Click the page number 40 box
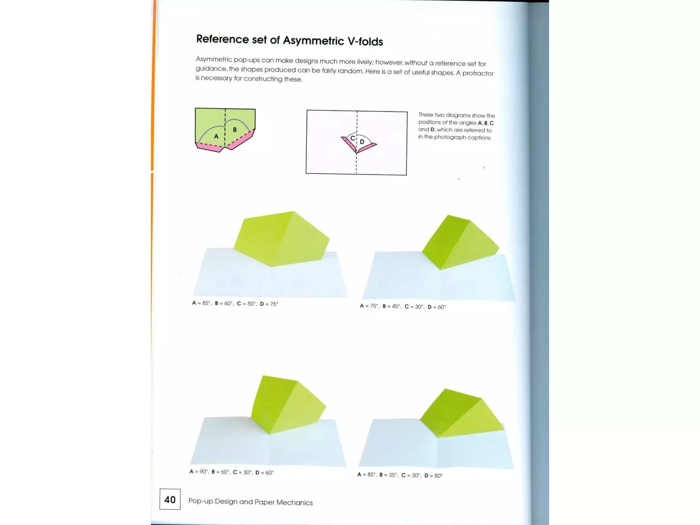170,499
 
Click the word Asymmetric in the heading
313,40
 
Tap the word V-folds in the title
365,41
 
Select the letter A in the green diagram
216,136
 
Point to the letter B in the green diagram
235,130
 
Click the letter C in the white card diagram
352,138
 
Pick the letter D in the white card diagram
362,142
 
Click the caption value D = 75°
269,304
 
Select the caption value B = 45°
391,306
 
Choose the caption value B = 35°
388,475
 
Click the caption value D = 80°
433,475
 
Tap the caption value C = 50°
246,304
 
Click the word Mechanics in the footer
294,502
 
